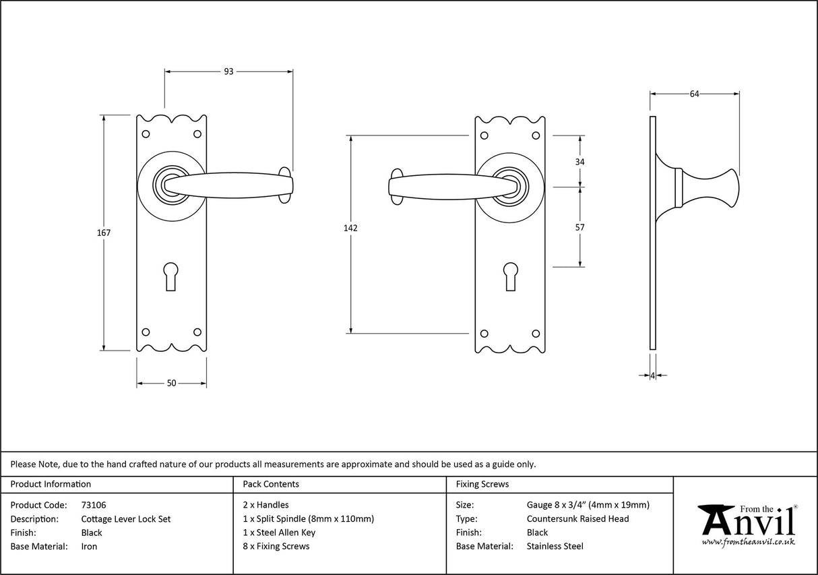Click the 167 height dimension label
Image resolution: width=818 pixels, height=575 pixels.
104,233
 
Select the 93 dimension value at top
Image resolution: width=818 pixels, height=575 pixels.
228,71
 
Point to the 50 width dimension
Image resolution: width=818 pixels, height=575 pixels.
171,383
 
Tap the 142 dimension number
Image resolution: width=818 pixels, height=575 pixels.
350,228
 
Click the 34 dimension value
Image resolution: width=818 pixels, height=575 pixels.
579,162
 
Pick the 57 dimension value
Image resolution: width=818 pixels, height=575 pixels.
579,227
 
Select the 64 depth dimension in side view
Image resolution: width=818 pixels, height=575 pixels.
694,94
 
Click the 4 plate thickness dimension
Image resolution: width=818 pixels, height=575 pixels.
653,375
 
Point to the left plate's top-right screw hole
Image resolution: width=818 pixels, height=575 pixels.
197,133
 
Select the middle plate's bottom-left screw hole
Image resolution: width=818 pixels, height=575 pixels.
484,332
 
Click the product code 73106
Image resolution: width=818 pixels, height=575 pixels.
94,505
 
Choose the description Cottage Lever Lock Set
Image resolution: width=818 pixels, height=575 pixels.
126,519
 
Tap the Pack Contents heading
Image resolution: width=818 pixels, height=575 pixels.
271,484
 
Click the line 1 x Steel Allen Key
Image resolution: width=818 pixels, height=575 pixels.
279,533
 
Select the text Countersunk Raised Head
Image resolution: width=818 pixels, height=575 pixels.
577,519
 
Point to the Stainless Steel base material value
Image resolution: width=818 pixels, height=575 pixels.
555,547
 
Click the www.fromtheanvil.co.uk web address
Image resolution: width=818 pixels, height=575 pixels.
748,541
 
